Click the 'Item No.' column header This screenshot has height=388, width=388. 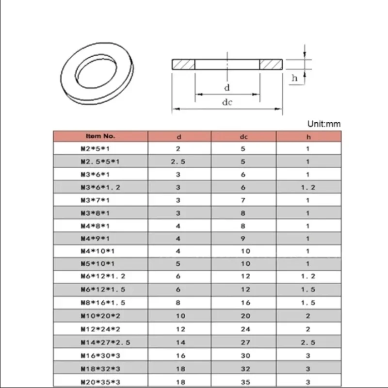pyautogui.click(x=100, y=136)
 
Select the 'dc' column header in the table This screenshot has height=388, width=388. pyautogui.click(x=243, y=137)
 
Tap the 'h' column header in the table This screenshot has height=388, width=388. pyautogui.click(x=308, y=137)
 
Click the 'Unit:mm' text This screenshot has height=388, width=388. pyautogui.click(x=324, y=124)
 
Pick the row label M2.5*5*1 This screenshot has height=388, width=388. pyautogui.click(x=100, y=162)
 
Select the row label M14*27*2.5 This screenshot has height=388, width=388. pyautogui.click(x=106, y=342)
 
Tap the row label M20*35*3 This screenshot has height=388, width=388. pyautogui.click(x=100, y=381)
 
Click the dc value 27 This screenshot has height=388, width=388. pyautogui.click(x=245, y=342)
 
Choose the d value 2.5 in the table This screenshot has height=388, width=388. pyautogui.click(x=178, y=162)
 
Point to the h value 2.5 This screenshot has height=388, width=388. pyautogui.click(x=308, y=342)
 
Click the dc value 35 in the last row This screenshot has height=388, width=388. pyautogui.click(x=245, y=381)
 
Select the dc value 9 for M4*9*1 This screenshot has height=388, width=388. pyautogui.click(x=243, y=239)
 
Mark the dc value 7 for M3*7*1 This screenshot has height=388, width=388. pyautogui.click(x=243, y=200)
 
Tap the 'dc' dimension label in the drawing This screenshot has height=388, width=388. pyautogui.click(x=227, y=102)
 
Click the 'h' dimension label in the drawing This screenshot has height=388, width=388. pyautogui.click(x=294, y=78)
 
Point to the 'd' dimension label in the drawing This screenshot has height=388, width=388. pyautogui.click(x=226, y=88)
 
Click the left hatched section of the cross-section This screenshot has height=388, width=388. pyautogui.click(x=184, y=65)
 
